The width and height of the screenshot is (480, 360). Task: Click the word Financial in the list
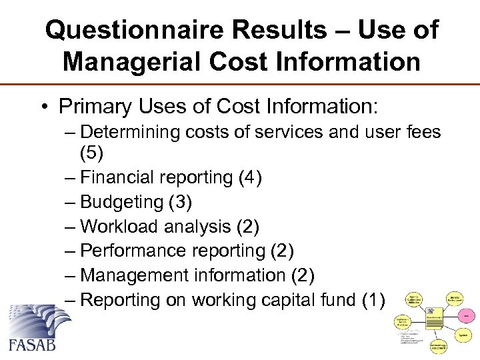click(117, 177)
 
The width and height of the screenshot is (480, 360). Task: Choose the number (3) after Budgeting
click(183, 202)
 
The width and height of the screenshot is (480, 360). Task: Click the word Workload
click(119, 227)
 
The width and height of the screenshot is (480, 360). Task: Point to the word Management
click(136, 275)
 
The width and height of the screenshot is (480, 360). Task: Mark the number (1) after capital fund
click(373, 300)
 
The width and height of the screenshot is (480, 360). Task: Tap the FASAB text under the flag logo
click(32, 344)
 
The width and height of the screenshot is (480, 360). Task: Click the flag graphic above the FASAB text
click(39, 319)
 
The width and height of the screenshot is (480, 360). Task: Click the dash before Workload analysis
click(71, 227)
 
